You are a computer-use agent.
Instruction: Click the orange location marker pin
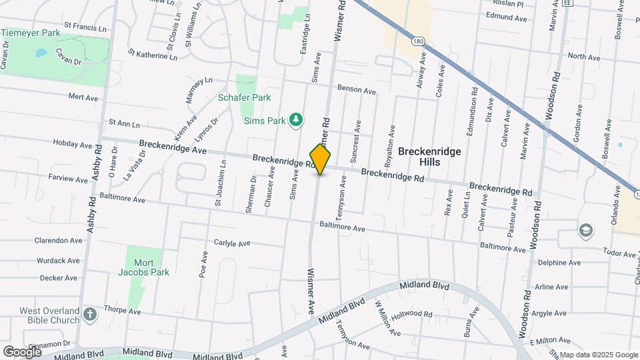[321, 159]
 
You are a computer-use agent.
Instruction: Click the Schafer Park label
[245, 97]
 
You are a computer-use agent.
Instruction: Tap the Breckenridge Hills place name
[429, 157]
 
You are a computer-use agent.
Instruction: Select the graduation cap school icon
[586, 230]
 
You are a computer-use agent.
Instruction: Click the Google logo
[22, 351]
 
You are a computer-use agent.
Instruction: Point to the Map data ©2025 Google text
[598, 355]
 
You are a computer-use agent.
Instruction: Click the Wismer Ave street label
[311, 292]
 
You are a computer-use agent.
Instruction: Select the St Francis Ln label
[85, 29]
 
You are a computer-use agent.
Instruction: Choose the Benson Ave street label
[357, 89]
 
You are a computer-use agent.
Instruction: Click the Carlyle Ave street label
[231, 243]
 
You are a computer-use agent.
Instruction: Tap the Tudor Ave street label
[619, 253]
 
